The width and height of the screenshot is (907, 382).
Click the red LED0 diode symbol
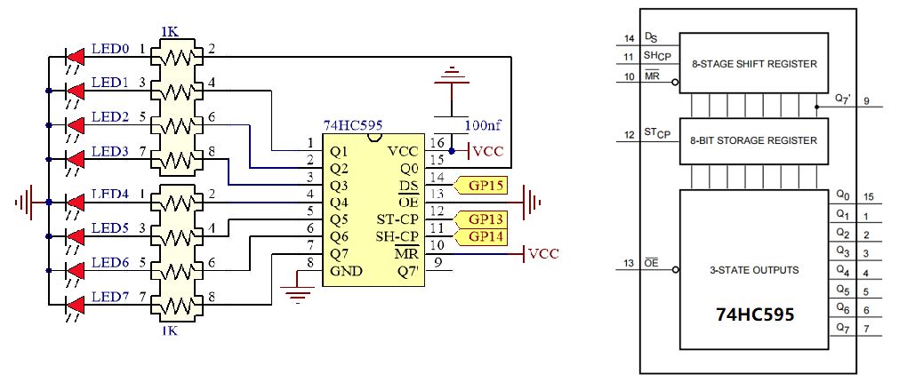coord(76,57)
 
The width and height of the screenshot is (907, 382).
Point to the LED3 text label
coord(110,152)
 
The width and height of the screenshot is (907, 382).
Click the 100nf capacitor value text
coord(485,124)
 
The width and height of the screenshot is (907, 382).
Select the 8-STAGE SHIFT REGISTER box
coord(754,63)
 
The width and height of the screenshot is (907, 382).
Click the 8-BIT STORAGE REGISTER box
coord(754,141)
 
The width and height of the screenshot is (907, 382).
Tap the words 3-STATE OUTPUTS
coord(754,270)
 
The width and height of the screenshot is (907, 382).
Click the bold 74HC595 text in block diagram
coord(755,315)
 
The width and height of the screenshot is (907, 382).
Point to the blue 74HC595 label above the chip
coord(352,125)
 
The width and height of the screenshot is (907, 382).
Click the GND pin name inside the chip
coord(346,271)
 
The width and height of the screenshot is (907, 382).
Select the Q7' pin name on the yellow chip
coord(408,271)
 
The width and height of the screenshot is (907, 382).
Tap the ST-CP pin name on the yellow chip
coord(398,220)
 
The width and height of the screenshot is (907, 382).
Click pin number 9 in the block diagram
coord(866,101)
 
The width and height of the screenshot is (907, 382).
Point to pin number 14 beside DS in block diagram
coord(630,39)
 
